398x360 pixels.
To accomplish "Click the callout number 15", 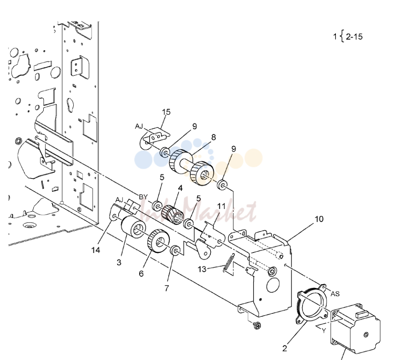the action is coord(166,112).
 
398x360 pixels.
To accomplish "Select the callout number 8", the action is coord(213,137).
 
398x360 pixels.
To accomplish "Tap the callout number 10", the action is coord(319,219).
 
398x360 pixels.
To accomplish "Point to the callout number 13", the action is coord(202,269).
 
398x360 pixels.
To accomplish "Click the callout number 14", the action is coord(96,250).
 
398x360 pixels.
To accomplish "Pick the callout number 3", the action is coord(119,262).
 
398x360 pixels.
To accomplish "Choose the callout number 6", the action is coord(141,274).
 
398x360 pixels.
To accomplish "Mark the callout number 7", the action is coord(167,288).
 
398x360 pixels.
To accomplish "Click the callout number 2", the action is coord(284,348).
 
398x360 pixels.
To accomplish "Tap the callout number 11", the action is coord(221,206).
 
